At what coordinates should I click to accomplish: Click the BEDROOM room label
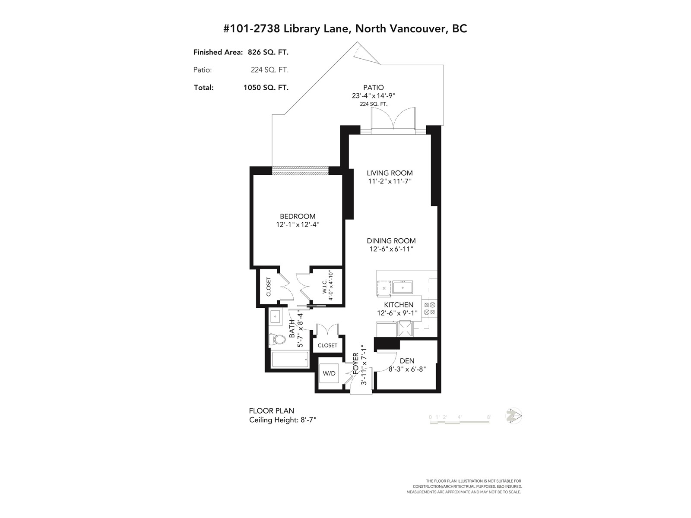pos(298,216)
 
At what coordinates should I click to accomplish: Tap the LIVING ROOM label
pos(390,173)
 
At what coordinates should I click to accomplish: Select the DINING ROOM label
pos(391,241)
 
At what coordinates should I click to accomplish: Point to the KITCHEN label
pos(399,305)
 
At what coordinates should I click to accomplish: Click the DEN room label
pos(407,361)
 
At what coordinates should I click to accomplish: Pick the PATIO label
pos(374,88)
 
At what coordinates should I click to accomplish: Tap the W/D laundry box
pos(329,373)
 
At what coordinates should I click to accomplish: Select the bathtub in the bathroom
pos(290,360)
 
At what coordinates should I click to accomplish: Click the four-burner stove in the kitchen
pos(429,309)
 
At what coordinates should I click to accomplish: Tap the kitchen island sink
pos(403,287)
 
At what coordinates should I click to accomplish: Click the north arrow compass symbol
pos(514,417)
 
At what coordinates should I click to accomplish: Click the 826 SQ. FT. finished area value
pos(268,52)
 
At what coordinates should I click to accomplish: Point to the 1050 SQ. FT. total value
pos(266,88)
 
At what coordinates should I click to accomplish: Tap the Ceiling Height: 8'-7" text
pos(283,420)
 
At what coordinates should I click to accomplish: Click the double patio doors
pos(393,119)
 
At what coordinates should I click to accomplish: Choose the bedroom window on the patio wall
pos(300,171)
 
